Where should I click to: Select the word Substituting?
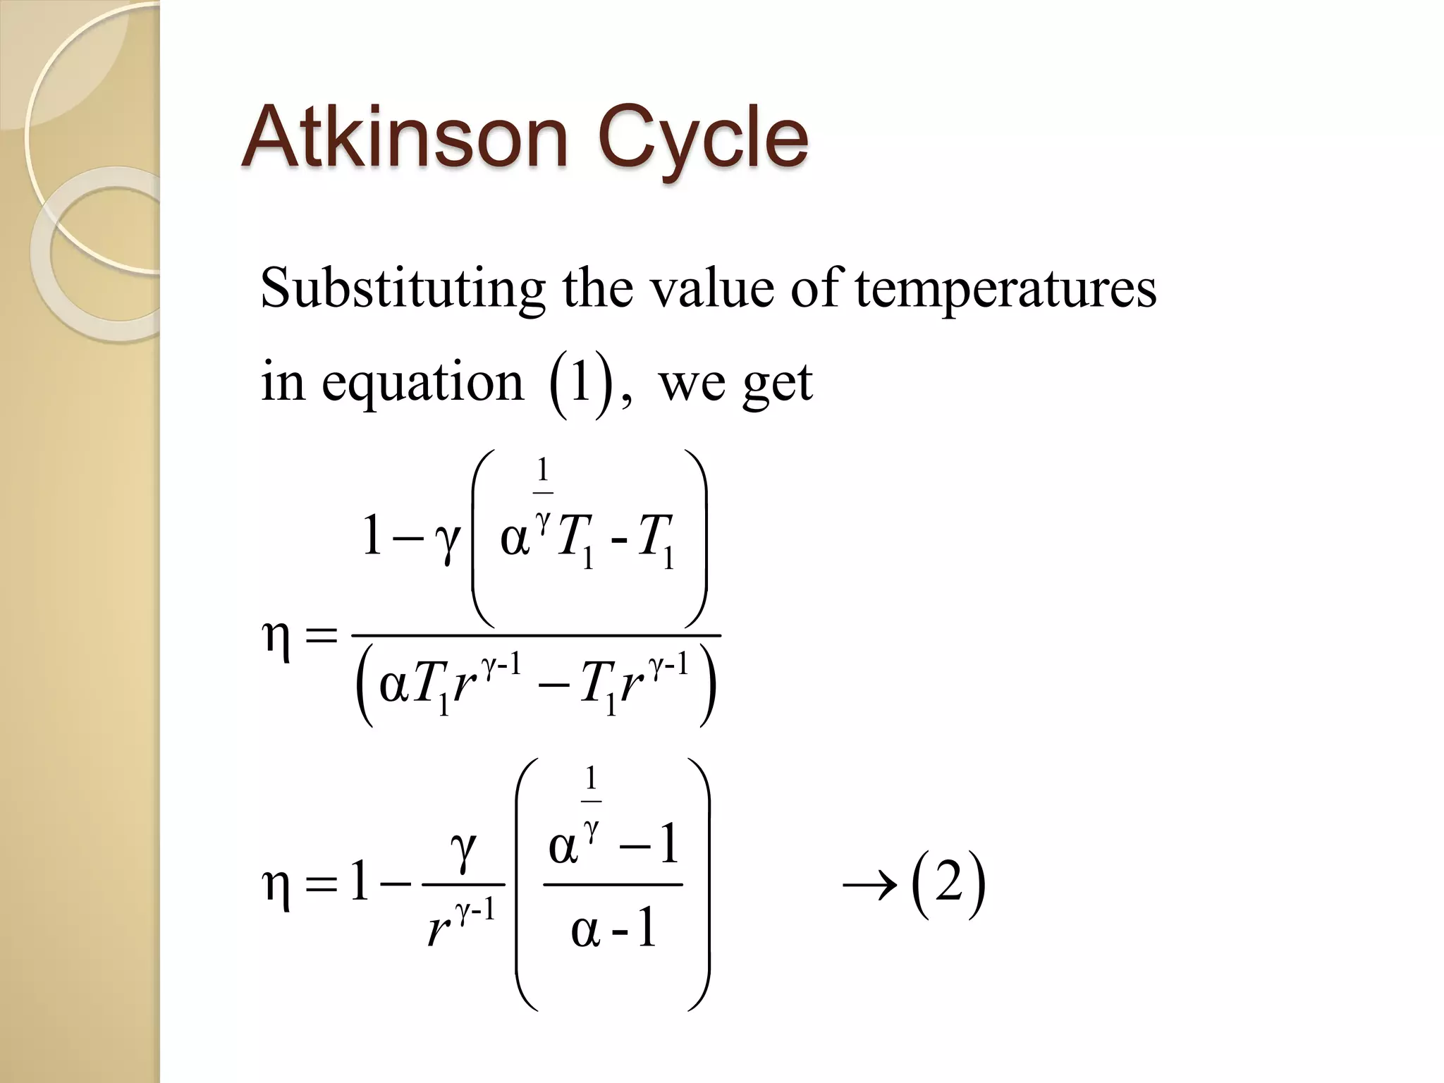[x=402, y=289]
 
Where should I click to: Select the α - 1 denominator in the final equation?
[x=613, y=930]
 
